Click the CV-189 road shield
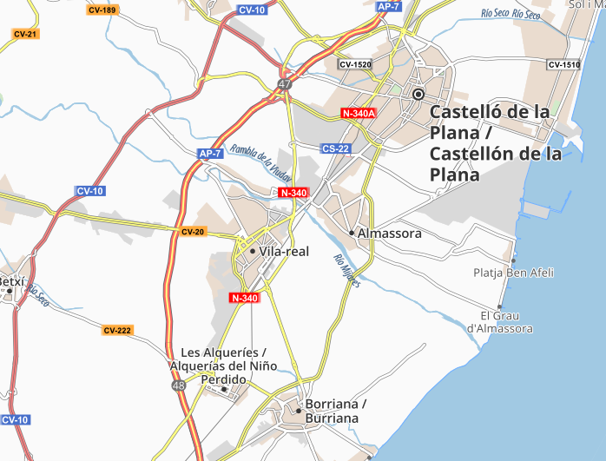point(102,10)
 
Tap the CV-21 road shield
point(25,34)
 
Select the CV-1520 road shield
point(355,64)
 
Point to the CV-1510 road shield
point(563,65)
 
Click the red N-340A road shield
point(359,114)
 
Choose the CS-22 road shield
point(335,148)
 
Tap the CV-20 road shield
point(193,232)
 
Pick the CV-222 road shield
point(117,330)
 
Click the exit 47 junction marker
point(285,84)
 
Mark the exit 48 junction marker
point(178,385)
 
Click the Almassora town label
point(390,234)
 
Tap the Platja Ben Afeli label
point(514,273)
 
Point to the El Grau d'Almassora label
point(499,321)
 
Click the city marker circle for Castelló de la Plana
point(418,94)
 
